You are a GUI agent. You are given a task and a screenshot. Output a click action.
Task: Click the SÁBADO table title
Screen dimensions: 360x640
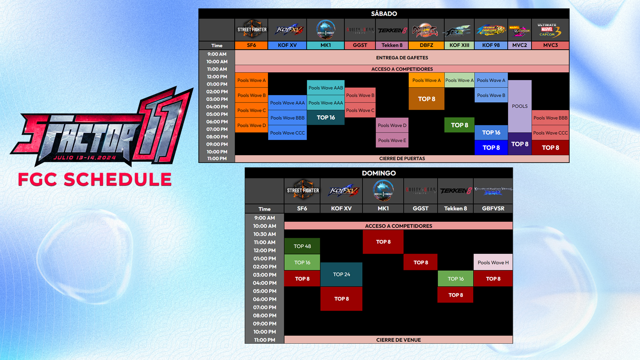point(384,14)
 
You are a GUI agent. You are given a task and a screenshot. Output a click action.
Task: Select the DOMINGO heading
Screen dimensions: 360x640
point(379,173)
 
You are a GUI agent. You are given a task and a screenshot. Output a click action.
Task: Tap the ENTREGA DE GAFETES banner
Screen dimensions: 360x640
point(402,58)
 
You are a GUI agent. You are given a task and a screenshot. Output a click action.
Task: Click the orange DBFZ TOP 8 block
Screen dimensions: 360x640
point(426,99)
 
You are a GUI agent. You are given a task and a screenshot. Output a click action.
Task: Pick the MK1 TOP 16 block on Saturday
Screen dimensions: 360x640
point(326,118)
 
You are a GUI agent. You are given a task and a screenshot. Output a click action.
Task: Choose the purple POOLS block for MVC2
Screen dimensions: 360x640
point(520,106)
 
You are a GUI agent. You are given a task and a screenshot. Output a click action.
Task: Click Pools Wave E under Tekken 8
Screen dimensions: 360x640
point(392,140)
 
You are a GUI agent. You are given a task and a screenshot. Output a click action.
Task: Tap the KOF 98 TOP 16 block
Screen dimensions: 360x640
point(491,132)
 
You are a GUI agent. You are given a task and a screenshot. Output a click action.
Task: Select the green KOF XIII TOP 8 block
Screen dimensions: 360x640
point(459,125)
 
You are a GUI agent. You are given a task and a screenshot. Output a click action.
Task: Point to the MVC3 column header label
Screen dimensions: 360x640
point(550,45)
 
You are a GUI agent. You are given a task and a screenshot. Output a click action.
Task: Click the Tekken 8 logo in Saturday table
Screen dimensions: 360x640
point(392,30)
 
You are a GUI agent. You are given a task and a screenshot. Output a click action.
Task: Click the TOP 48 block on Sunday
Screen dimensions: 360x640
point(302,246)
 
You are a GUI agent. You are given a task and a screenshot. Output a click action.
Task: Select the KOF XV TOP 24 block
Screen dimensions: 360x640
point(341,274)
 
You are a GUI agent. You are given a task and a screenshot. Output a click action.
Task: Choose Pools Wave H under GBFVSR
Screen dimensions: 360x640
point(493,262)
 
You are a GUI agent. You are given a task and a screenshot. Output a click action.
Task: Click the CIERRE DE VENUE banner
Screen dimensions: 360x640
point(398,340)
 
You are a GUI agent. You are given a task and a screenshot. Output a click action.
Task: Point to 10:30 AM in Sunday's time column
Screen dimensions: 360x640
point(265,234)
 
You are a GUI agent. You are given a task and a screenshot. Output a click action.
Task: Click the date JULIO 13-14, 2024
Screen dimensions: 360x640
point(85,158)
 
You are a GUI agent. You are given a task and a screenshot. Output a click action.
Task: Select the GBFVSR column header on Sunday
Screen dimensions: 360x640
point(493,208)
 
